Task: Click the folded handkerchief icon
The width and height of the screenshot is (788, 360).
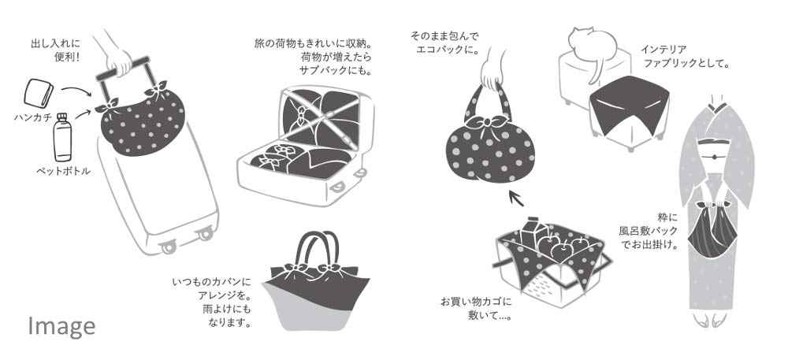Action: (x=39, y=93)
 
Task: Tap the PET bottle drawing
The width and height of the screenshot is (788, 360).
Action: (x=62, y=137)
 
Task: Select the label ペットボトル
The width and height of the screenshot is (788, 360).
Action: (x=63, y=171)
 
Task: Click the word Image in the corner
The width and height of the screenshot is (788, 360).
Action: (x=61, y=326)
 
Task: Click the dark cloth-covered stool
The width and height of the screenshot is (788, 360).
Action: (x=629, y=111)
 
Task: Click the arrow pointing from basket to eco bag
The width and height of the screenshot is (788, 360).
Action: (x=516, y=198)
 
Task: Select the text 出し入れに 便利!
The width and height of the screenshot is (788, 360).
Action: (x=55, y=49)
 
